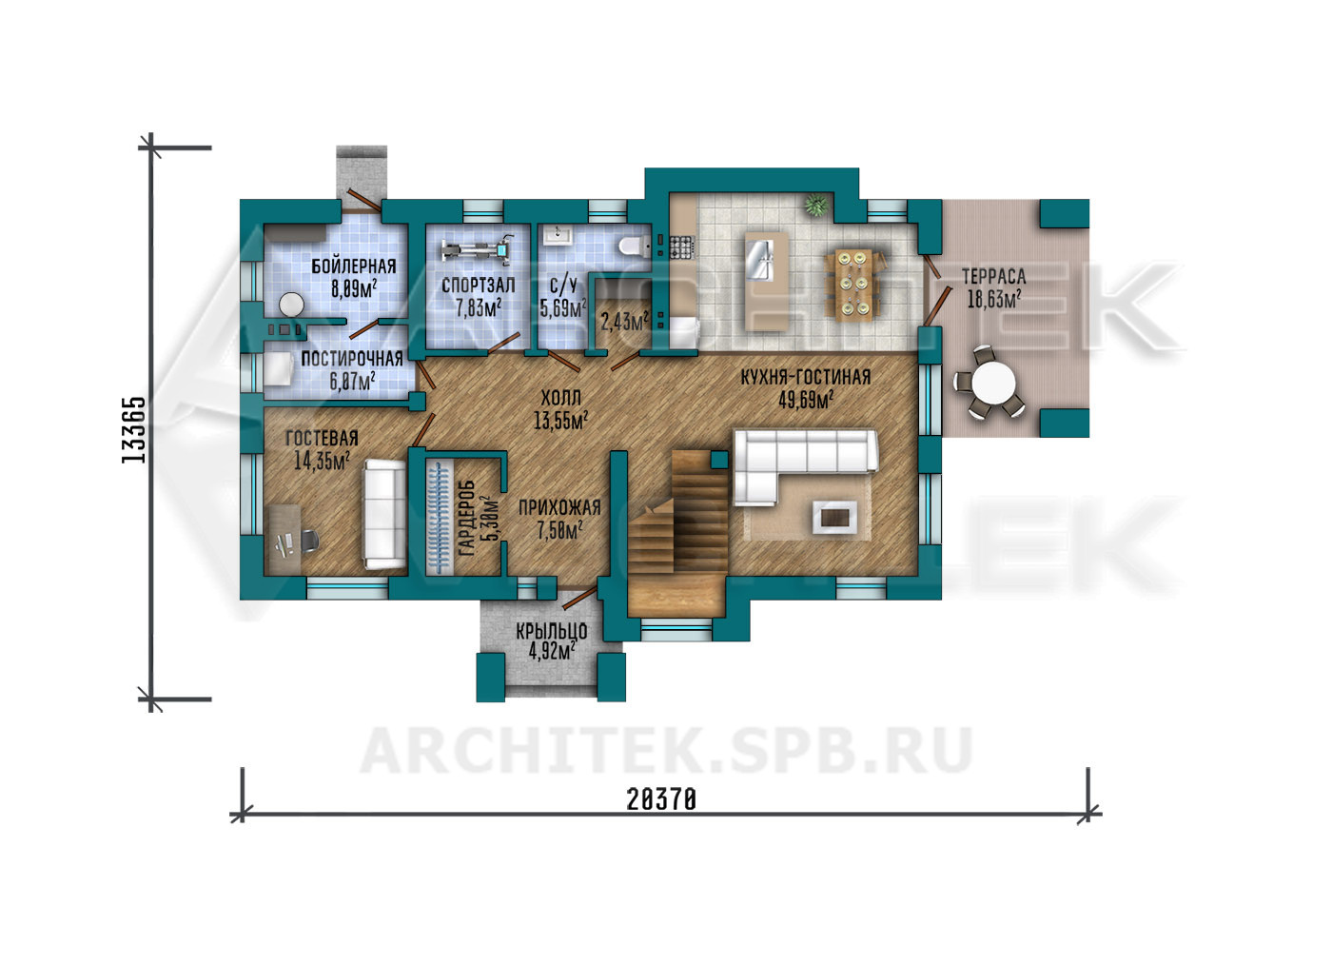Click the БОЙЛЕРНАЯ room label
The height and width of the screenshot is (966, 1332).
tap(354, 266)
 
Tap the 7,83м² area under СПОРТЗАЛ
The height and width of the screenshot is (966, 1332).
tap(478, 308)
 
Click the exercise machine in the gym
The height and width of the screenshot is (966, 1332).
tap(478, 249)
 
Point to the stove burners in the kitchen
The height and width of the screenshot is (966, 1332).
tap(682, 246)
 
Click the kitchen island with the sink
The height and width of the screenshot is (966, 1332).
tap(767, 281)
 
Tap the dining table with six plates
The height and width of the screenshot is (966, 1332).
tap(853, 285)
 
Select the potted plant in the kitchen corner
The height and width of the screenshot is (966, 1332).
tap(816, 206)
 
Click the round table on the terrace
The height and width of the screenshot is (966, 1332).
tap(993, 383)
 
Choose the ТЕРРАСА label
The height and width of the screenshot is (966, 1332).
tap(993, 277)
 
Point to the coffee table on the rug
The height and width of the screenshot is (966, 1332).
tap(835, 517)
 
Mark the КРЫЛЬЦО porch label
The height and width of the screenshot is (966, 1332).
tap(551, 630)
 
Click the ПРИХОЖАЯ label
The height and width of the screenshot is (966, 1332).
tap(559, 507)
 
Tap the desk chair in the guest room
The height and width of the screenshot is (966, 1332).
tap(308, 541)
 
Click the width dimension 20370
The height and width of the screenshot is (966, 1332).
tap(661, 798)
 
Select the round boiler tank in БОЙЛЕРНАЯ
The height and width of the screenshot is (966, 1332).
tap(292, 305)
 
